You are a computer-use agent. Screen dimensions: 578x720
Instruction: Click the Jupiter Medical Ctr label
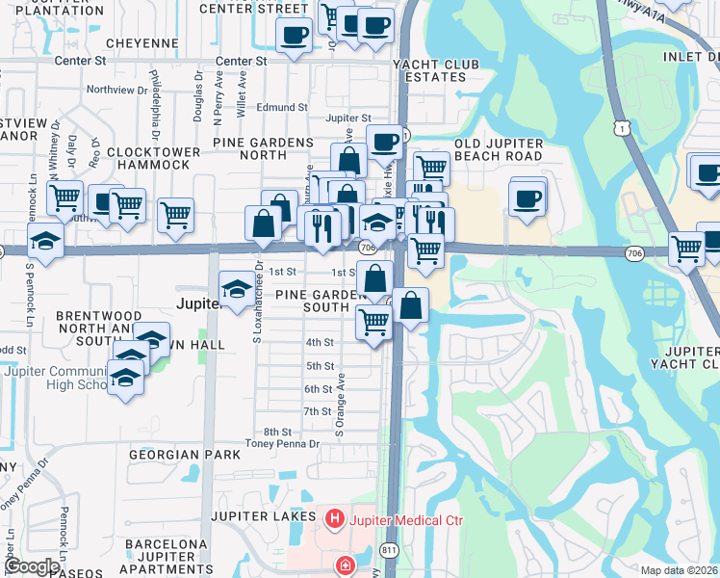pos(406,521)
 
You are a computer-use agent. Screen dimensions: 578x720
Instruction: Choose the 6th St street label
pos(319,389)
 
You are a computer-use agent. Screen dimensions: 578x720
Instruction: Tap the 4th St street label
pos(320,342)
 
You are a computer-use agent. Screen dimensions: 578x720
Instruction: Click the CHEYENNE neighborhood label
pos(142,43)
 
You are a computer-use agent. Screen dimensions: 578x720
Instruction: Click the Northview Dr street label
pos(116,90)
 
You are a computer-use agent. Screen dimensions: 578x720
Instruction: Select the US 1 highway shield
pos(625,128)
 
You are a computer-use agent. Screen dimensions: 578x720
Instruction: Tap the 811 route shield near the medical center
pos(389,549)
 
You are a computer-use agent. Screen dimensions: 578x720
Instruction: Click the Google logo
pos(32,566)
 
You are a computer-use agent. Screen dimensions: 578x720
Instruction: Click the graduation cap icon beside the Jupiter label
pos(237,287)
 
